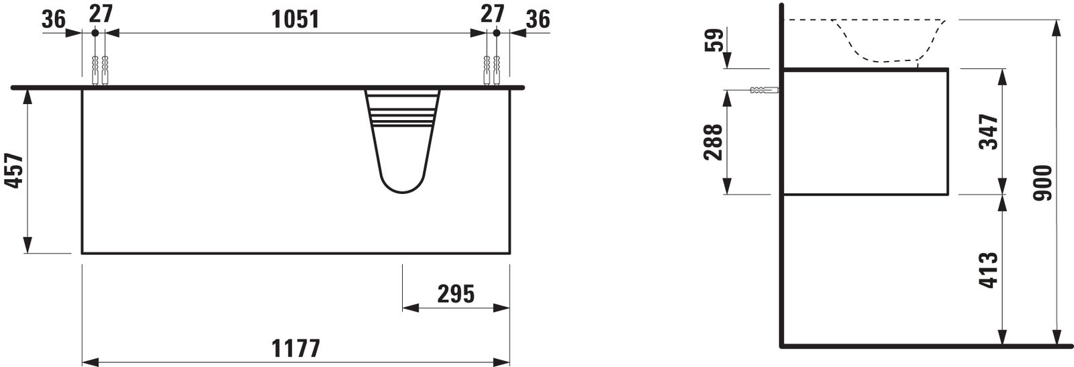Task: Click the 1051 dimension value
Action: [x=295, y=19]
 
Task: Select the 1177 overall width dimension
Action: [x=296, y=348]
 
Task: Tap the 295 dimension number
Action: [x=456, y=294]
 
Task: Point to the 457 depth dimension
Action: [x=14, y=170]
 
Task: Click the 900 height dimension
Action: [x=1043, y=182]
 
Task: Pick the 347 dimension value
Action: [x=989, y=132]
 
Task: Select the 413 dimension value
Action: [x=989, y=270]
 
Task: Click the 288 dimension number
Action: [x=713, y=142]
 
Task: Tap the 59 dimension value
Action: [x=714, y=40]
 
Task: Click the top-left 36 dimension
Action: [x=54, y=19]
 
